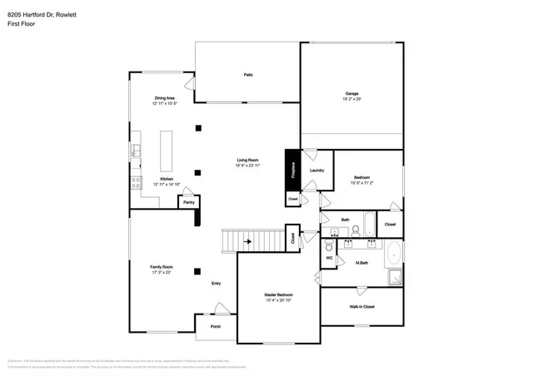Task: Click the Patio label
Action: point(248,75)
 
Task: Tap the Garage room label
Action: point(352,93)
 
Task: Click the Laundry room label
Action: point(316,171)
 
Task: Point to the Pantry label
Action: point(189,201)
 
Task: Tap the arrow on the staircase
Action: point(247,242)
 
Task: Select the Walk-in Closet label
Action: point(361,307)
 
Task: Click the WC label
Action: point(329,258)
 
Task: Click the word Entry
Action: point(216,284)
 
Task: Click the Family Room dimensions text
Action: point(161,272)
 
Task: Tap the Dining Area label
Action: point(164,98)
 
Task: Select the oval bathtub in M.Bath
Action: point(394,255)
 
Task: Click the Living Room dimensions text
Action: point(248,166)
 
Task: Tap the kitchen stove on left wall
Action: point(135,182)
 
